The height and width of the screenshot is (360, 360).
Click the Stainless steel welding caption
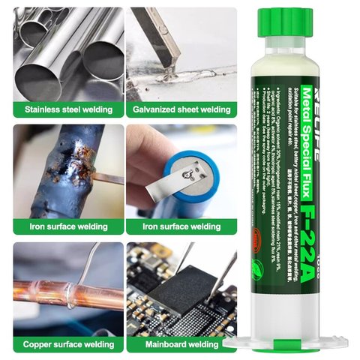click(x=68, y=109)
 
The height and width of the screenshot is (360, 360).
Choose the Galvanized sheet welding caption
click(x=181, y=109)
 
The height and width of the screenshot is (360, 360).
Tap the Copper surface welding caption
click(x=68, y=343)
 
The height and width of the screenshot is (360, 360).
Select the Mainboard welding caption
click(x=181, y=343)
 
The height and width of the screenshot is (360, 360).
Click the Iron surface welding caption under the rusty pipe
click(x=68, y=225)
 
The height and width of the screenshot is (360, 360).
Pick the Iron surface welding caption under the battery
click(x=181, y=225)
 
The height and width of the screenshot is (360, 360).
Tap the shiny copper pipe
click(x=60, y=292)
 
